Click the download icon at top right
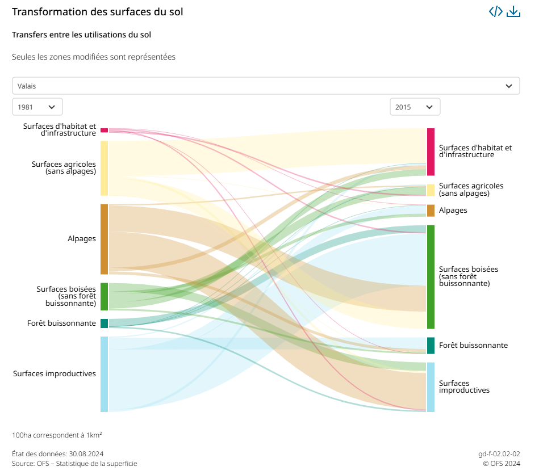513,12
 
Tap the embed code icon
496,12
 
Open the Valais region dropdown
266,86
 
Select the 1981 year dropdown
37,107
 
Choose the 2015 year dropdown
415,107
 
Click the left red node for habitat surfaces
104,130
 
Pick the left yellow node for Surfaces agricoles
104,168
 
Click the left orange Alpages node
104,239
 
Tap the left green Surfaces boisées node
104,296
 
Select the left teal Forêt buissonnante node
104,323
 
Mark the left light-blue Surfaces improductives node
104,374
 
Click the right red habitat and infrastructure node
431,152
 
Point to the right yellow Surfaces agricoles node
431,190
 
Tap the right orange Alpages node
431,211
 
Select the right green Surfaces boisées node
431,276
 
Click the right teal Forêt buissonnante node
431,346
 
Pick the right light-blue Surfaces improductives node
431,387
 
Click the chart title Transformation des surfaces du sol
97,12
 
